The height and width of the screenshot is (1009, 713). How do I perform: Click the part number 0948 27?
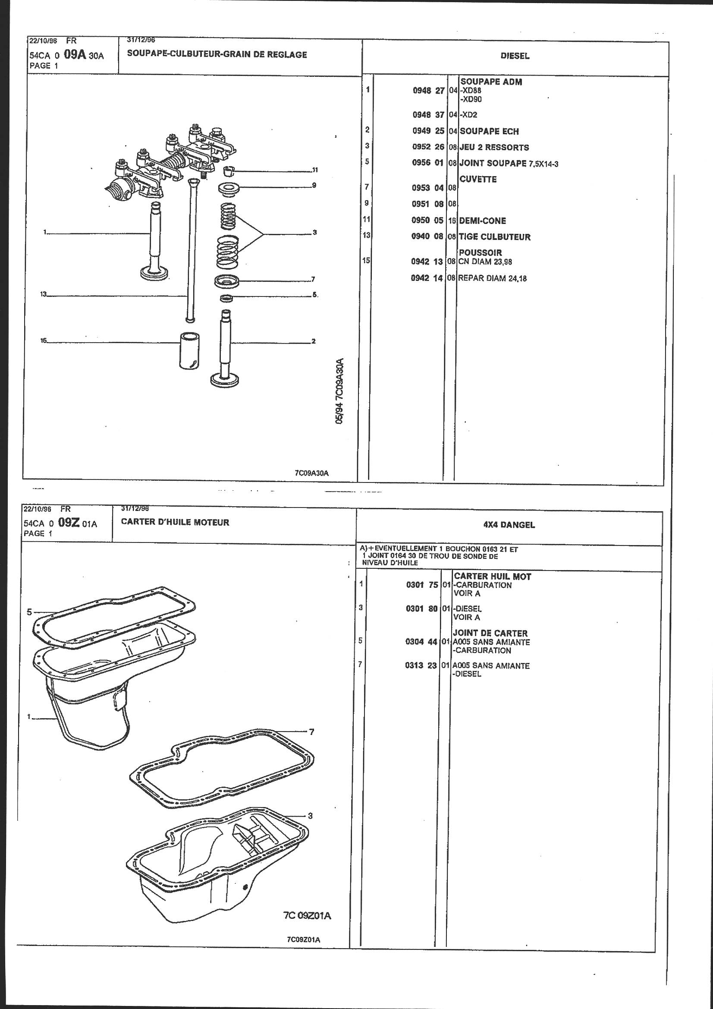click(x=428, y=91)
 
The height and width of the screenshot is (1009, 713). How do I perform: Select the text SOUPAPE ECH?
click(x=489, y=131)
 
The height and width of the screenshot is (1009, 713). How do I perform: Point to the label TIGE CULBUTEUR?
click(x=495, y=237)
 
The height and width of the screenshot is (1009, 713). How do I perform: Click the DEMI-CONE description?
click(x=482, y=221)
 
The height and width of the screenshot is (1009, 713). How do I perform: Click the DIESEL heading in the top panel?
click(x=515, y=56)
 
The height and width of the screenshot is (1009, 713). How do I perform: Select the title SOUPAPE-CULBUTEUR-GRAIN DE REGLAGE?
click(x=217, y=55)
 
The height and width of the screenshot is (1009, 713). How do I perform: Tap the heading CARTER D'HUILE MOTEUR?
click(x=175, y=523)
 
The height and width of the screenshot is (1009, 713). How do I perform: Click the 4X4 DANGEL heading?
click(x=509, y=525)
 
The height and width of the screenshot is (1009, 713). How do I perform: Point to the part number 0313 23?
click(x=421, y=666)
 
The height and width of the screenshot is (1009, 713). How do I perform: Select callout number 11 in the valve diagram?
click(x=314, y=170)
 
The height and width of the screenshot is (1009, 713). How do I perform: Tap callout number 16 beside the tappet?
click(x=44, y=340)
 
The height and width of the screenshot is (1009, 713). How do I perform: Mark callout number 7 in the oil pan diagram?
click(x=311, y=732)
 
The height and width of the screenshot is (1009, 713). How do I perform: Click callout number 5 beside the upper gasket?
click(x=29, y=612)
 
